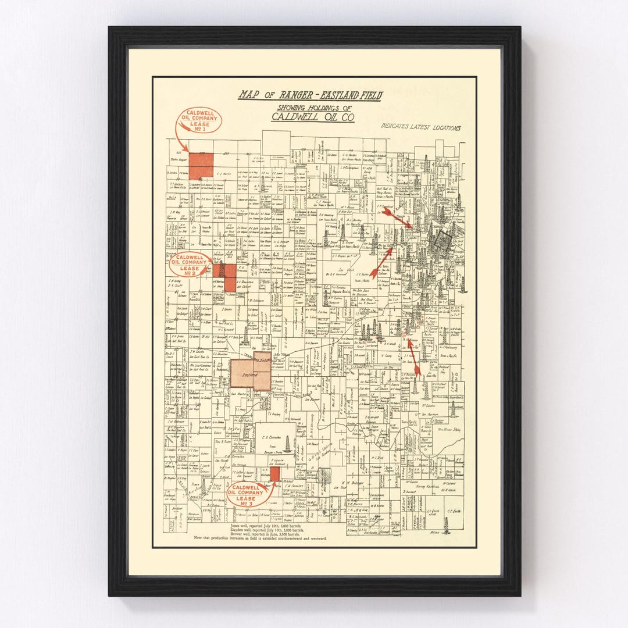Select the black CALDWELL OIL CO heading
click(312, 117)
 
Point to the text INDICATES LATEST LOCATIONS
click(421, 127)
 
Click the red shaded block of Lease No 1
click(201, 165)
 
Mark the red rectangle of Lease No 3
click(274, 473)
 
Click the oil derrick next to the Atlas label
click(446, 524)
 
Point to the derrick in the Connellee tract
click(287, 444)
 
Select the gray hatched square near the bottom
click(324, 475)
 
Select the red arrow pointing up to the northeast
click(381, 262)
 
